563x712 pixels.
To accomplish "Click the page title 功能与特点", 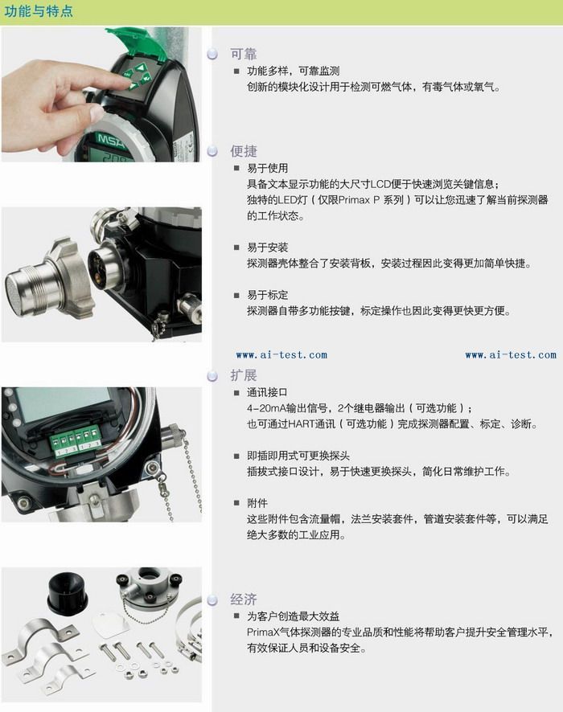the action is [x=39, y=11].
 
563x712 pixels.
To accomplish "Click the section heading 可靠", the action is [x=244, y=54].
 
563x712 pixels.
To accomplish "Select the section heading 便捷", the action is [x=244, y=151].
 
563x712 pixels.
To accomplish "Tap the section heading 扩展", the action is [x=244, y=375].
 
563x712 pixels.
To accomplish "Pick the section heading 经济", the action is [x=244, y=599].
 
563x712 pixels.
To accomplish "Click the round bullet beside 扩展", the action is [x=212, y=376].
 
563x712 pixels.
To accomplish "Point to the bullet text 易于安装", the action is [x=268, y=248].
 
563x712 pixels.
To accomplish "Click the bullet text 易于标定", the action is [x=268, y=295].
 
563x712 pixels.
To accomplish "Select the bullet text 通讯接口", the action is [x=268, y=392].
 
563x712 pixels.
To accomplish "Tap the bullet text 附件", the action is [x=257, y=503].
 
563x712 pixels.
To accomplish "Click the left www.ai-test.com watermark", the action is [x=281, y=355].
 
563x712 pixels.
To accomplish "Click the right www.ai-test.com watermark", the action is [x=511, y=355].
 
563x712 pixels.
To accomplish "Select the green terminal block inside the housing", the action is [x=76, y=441].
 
